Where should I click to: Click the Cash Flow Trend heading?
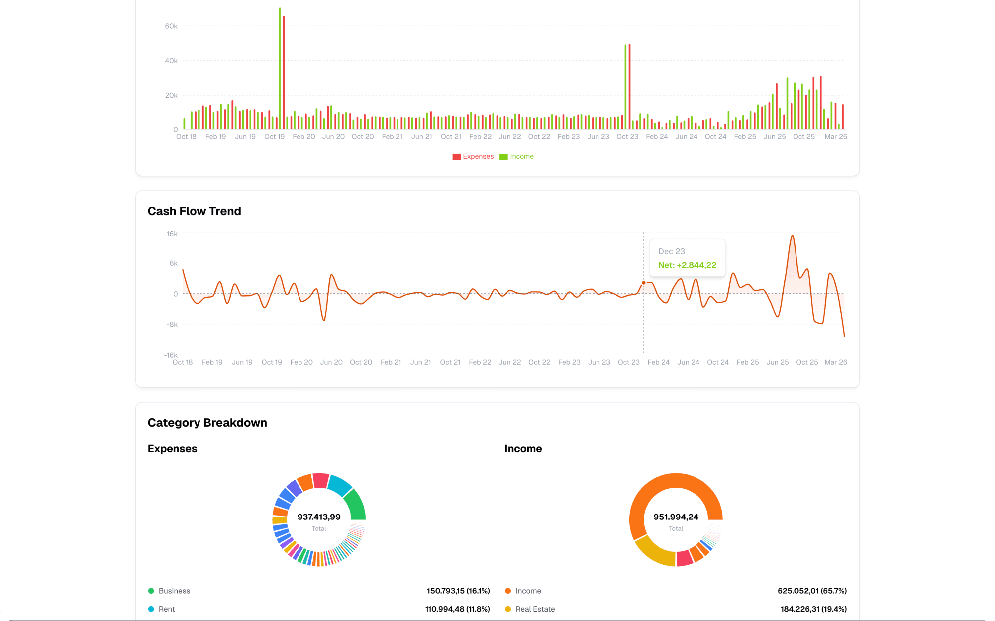pyautogui.click(x=194, y=211)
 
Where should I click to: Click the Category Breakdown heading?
pyautogui.click(x=207, y=423)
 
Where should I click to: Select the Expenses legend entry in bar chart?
pyautogui.click(x=473, y=156)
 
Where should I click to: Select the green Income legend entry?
pyautogui.click(x=517, y=156)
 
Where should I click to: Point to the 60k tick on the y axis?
pyautogui.click(x=171, y=26)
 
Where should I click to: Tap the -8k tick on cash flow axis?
pyautogui.click(x=172, y=324)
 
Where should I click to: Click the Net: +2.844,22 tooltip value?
pyautogui.click(x=687, y=265)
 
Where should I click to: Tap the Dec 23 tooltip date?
pyautogui.click(x=671, y=251)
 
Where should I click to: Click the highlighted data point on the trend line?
pyautogui.click(x=644, y=283)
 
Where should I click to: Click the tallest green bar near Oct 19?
pyautogui.click(x=280, y=70)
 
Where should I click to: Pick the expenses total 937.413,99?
pyautogui.click(x=319, y=517)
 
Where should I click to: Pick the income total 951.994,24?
pyautogui.click(x=676, y=517)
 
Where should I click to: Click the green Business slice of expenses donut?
pyautogui.click(x=356, y=505)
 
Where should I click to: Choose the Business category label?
pyautogui.click(x=174, y=591)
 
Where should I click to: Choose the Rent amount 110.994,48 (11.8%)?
pyautogui.click(x=457, y=609)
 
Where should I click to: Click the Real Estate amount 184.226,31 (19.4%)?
pyautogui.click(x=813, y=609)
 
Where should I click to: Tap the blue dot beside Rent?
pyautogui.click(x=151, y=609)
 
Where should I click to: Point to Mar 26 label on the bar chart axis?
pyautogui.click(x=835, y=137)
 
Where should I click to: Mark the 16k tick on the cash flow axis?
pyautogui.click(x=172, y=234)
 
